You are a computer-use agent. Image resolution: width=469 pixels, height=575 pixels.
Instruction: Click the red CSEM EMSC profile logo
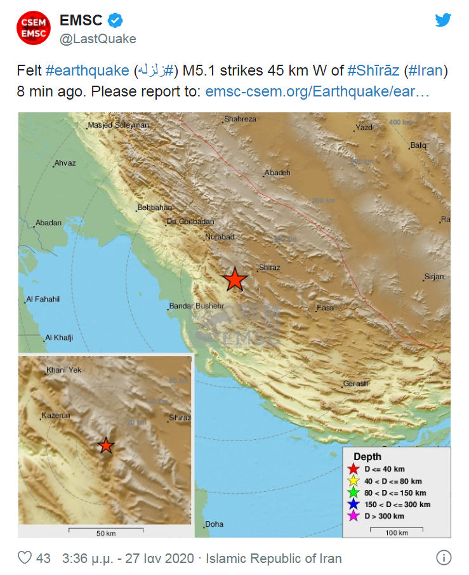click(33, 28)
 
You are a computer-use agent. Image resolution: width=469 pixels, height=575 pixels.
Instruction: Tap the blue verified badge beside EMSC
click(115, 21)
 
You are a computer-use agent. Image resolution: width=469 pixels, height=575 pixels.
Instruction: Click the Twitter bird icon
click(443, 20)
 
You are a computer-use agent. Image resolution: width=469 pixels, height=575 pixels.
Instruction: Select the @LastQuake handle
click(98, 39)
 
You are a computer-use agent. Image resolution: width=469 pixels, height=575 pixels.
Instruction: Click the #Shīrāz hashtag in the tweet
click(373, 70)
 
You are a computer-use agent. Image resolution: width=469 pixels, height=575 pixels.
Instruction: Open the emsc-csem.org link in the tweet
click(318, 91)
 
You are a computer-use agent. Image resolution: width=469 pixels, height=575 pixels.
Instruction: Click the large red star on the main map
click(235, 279)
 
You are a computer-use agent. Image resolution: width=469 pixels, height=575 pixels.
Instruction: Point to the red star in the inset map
click(106, 446)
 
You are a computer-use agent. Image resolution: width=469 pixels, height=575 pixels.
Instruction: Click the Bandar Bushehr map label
click(197, 307)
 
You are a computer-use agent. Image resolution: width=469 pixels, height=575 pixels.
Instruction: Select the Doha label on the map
click(215, 524)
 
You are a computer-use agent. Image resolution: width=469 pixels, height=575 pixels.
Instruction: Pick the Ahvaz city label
click(65, 163)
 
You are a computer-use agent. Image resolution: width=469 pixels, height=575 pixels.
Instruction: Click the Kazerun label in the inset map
click(55, 416)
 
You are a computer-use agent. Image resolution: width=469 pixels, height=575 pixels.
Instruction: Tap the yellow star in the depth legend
click(353, 480)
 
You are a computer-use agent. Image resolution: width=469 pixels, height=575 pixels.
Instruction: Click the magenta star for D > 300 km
click(353, 516)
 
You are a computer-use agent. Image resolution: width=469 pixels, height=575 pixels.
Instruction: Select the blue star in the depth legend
click(353, 504)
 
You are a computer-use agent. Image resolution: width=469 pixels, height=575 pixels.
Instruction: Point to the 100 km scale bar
click(396, 527)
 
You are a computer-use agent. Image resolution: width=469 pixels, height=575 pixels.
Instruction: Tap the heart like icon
click(25, 558)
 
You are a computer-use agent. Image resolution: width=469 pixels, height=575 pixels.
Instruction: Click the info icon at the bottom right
click(444, 558)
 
